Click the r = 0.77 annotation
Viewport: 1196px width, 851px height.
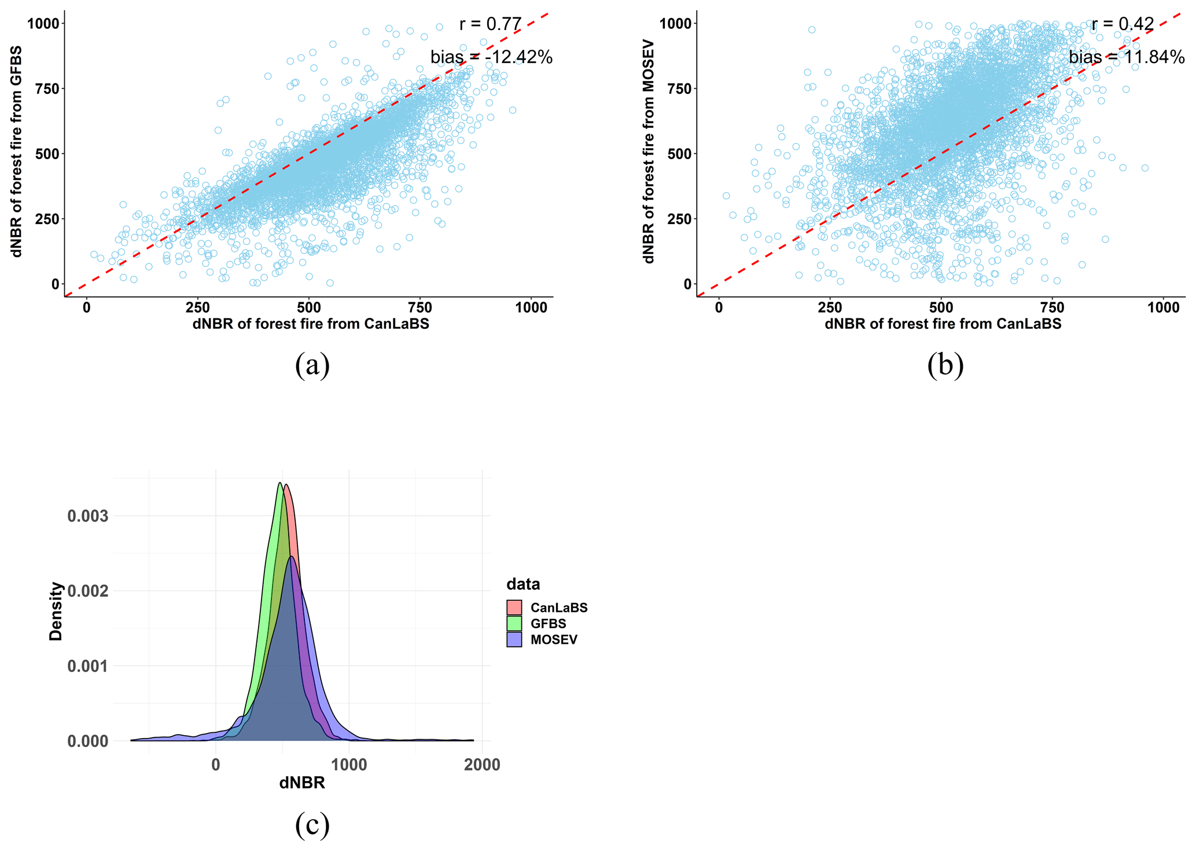490,24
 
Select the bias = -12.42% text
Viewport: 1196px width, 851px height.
491,57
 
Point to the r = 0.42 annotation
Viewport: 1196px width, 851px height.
1123,24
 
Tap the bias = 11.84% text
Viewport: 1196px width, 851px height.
1126,57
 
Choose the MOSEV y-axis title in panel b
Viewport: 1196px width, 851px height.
649,151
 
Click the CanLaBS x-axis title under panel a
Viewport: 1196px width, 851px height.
311,324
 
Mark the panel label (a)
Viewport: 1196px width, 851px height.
312,365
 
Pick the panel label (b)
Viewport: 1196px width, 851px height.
945,365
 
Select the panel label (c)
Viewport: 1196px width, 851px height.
312,824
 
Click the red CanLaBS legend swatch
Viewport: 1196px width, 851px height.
514,608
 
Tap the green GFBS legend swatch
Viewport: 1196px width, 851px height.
514,623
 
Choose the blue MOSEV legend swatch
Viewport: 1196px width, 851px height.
514,640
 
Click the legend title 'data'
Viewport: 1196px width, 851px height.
523,584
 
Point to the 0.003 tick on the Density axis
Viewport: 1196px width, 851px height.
87,516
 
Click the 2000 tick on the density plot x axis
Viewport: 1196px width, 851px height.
482,765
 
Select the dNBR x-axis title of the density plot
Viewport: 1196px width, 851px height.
301,783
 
